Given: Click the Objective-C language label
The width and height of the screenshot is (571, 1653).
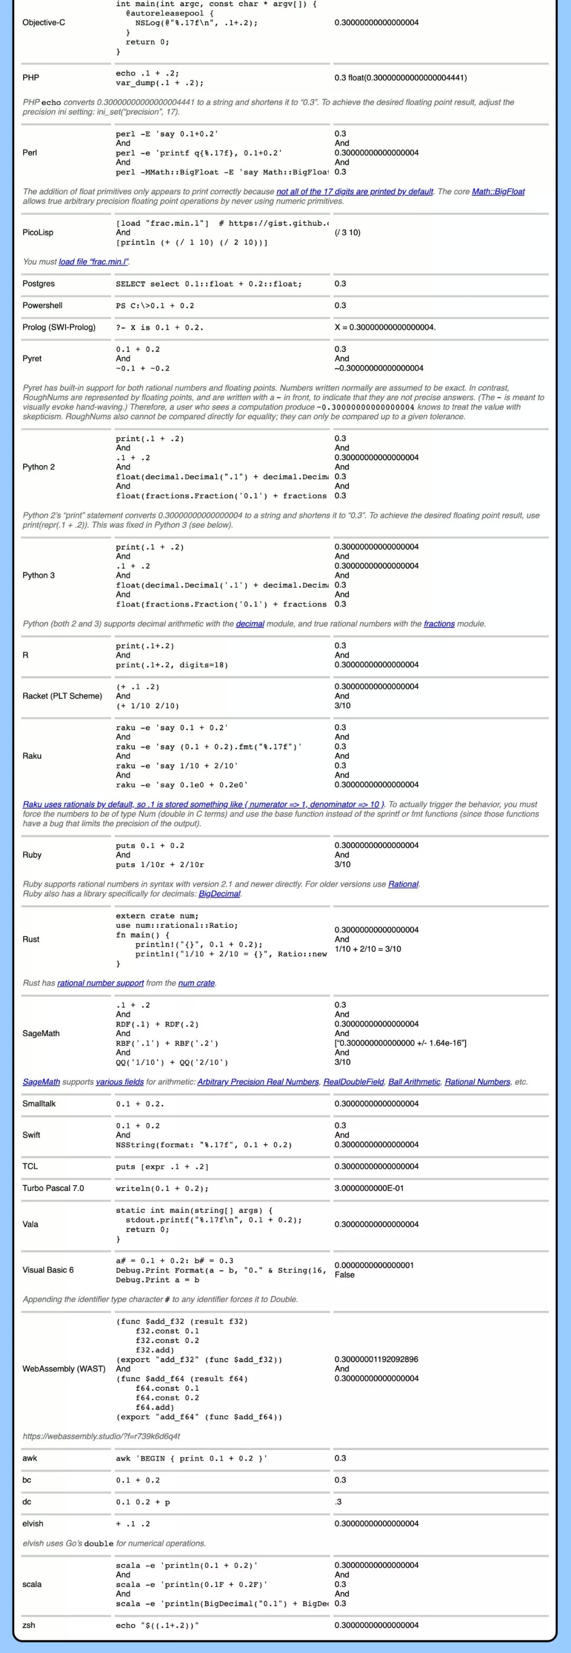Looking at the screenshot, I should [x=44, y=22].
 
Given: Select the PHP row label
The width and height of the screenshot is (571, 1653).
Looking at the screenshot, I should [x=31, y=78].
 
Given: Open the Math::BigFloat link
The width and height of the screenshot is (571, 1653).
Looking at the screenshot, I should [x=498, y=191].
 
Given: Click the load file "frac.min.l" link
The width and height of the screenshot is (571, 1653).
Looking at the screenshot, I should [x=94, y=261].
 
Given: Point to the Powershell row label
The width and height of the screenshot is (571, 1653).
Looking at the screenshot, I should [x=42, y=306].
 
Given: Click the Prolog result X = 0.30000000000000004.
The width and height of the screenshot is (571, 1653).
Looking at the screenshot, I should [x=385, y=327].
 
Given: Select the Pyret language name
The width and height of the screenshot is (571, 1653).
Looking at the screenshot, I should [x=32, y=359].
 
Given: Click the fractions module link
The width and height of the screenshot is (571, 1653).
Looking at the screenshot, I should [x=439, y=624].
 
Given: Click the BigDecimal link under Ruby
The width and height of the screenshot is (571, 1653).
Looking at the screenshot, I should [x=219, y=894].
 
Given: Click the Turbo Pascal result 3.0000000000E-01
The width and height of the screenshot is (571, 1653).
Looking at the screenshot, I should [x=369, y=1188].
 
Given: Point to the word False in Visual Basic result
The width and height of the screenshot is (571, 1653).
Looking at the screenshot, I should [x=345, y=1275].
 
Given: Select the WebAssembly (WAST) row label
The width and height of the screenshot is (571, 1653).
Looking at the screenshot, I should [x=63, y=1369].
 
